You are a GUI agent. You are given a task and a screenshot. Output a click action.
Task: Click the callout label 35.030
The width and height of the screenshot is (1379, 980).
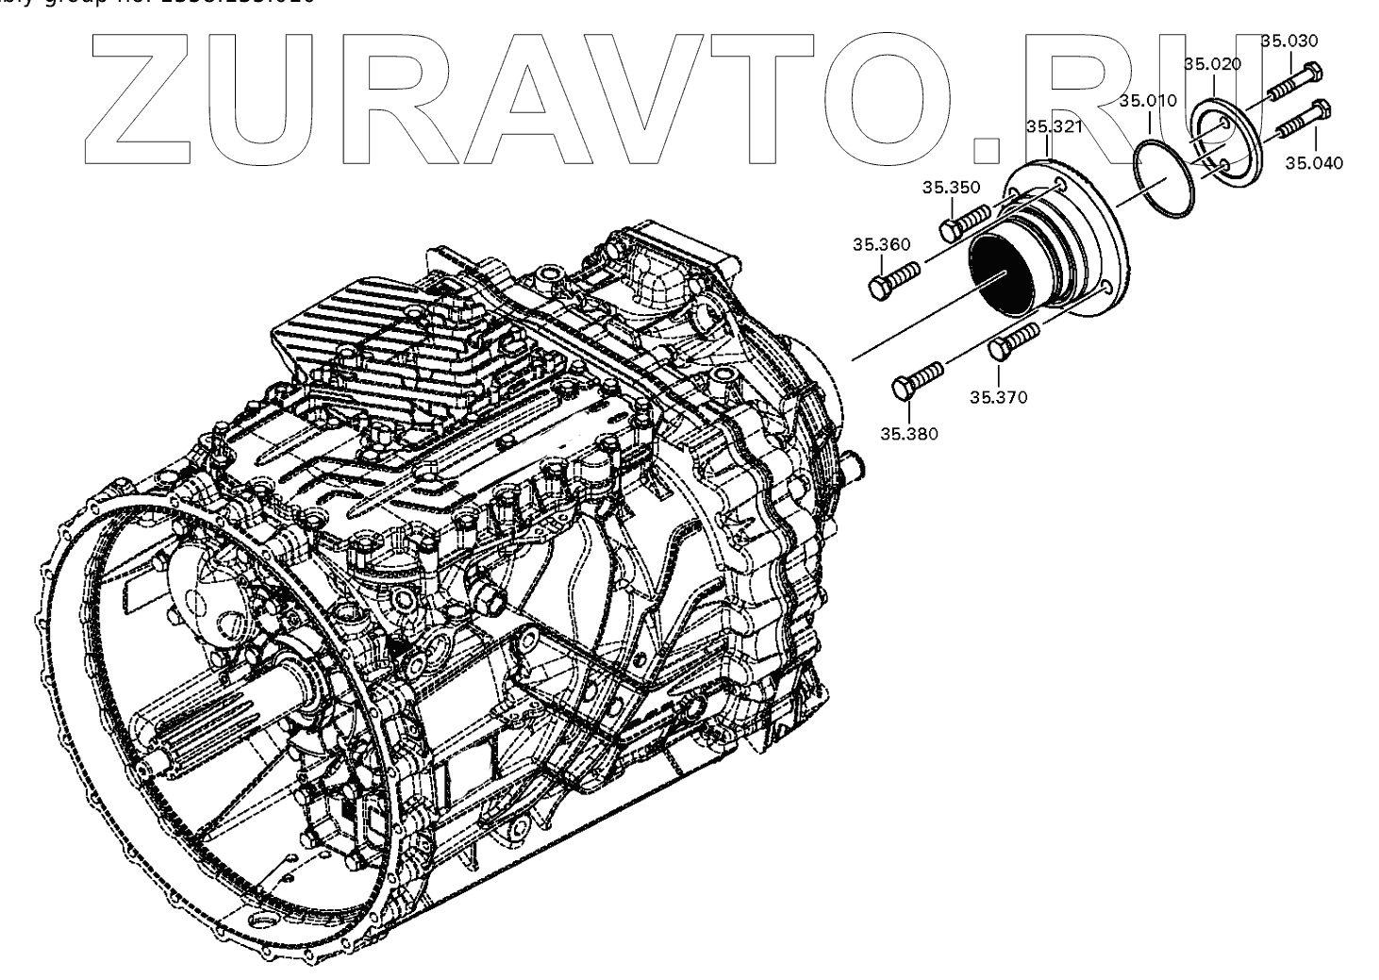[x=1290, y=42]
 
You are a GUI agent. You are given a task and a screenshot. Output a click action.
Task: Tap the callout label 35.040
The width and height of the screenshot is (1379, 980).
[x=1313, y=163]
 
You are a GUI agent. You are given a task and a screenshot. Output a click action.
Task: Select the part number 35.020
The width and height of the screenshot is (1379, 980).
[x=1213, y=64]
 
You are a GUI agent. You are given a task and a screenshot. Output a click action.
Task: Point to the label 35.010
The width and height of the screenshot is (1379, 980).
[x=1148, y=101]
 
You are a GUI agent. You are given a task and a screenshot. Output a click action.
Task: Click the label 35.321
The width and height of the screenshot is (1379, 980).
[x=1054, y=126]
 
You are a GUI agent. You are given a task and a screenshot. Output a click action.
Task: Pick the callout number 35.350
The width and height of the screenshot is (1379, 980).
[x=951, y=188]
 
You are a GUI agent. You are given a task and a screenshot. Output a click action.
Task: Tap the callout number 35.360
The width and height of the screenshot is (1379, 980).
[x=882, y=245]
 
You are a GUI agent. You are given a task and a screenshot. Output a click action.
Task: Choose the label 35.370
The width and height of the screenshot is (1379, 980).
[x=999, y=397]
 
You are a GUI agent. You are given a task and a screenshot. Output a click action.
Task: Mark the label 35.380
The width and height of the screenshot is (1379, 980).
[x=909, y=435]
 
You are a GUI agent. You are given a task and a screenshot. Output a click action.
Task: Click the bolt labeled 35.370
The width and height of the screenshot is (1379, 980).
[x=1016, y=341]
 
